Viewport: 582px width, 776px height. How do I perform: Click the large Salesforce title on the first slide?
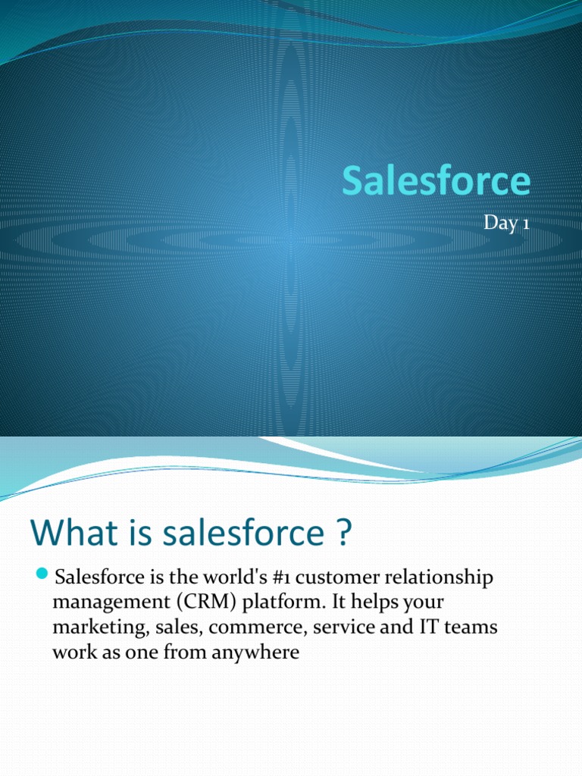[x=436, y=182]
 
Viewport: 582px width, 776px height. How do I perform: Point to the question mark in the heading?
[x=343, y=533]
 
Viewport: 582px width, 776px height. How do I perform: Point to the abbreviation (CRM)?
[x=200, y=603]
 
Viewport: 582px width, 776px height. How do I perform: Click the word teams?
[x=473, y=627]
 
